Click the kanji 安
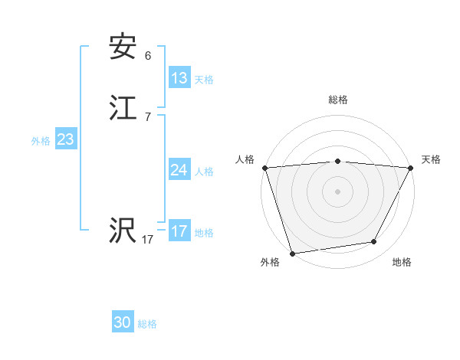(x=123, y=47)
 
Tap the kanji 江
(x=123, y=109)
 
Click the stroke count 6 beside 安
(x=148, y=56)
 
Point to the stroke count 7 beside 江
(x=148, y=117)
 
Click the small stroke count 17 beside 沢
(x=148, y=240)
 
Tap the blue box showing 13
(x=179, y=78)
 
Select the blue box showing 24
(x=179, y=170)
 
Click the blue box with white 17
(x=179, y=231)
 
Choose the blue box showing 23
(x=66, y=139)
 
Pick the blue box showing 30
(x=123, y=322)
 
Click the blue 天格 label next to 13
(x=204, y=80)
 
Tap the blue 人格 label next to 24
(x=204, y=172)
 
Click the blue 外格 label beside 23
(x=41, y=141)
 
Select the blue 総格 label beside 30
(x=147, y=324)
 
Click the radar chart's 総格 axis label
(x=338, y=100)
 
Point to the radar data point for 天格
(x=411, y=168)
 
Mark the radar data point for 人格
(x=264, y=168)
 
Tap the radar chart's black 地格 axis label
(x=402, y=263)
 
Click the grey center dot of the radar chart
(x=338, y=191)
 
